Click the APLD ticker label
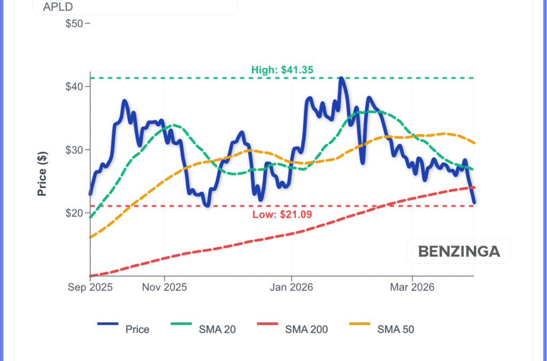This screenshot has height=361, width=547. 58,7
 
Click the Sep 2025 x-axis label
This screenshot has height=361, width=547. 90,287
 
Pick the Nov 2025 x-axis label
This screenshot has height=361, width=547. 165,287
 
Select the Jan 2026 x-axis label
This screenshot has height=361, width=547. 292,287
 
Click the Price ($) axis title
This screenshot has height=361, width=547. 42,173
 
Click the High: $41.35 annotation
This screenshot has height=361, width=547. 282,70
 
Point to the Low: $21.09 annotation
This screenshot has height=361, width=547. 282,214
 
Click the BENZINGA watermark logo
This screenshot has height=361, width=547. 459,251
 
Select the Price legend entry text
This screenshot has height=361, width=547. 137,329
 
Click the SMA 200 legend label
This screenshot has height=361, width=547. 307,329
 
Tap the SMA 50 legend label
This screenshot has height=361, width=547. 395,329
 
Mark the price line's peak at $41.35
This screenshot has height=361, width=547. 341,78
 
